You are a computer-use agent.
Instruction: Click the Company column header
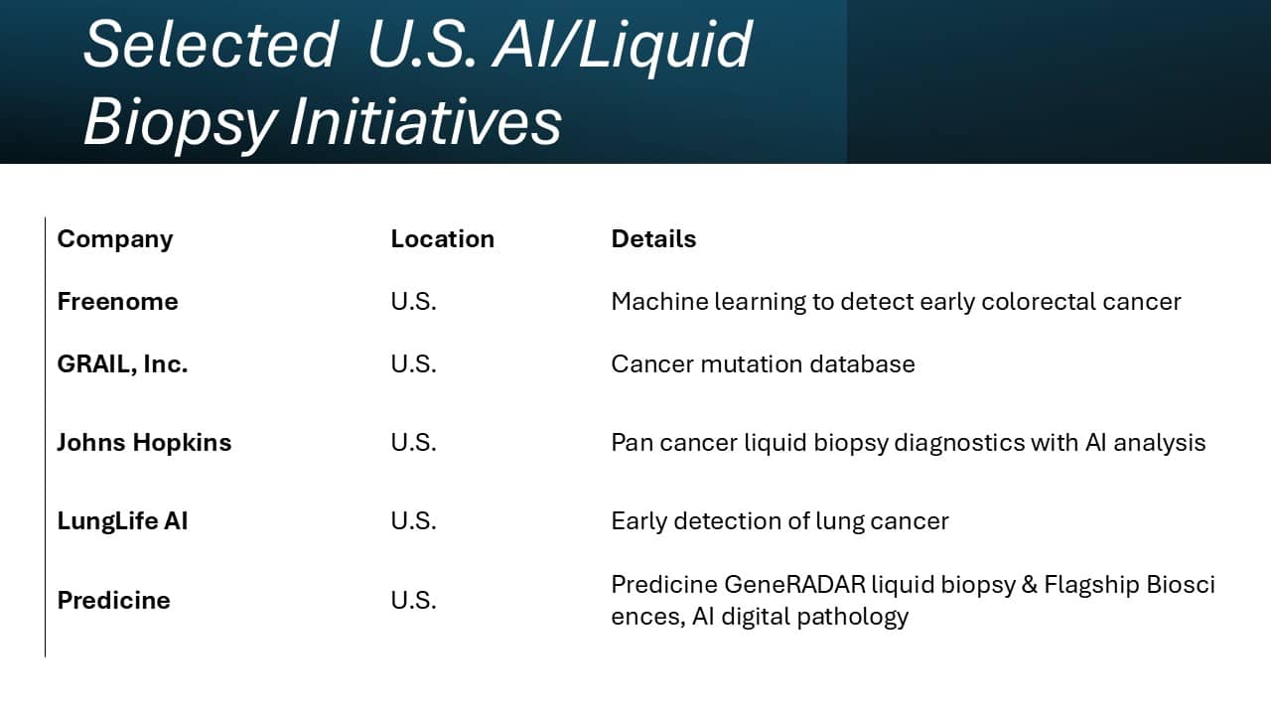pyautogui.click(x=115, y=239)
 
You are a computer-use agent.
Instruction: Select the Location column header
pyautogui.click(x=442, y=239)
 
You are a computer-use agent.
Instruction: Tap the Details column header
pyautogui.click(x=653, y=239)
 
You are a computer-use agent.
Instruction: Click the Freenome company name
pyautogui.click(x=117, y=302)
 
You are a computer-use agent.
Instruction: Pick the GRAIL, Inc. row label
pyautogui.click(x=122, y=364)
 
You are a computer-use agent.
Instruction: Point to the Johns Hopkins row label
pyautogui.click(x=144, y=443)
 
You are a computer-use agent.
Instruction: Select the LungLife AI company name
pyautogui.click(x=122, y=521)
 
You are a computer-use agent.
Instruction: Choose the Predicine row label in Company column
pyautogui.click(x=113, y=601)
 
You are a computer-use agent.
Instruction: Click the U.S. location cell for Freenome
pyautogui.click(x=413, y=302)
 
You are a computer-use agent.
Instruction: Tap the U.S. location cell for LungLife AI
pyautogui.click(x=413, y=521)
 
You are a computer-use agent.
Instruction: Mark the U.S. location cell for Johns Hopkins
pyautogui.click(x=413, y=443)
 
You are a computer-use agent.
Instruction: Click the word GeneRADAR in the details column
pyautogui.click(x=794, y=585)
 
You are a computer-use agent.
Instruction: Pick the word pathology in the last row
pyautogui.click(x=862, y=617)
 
